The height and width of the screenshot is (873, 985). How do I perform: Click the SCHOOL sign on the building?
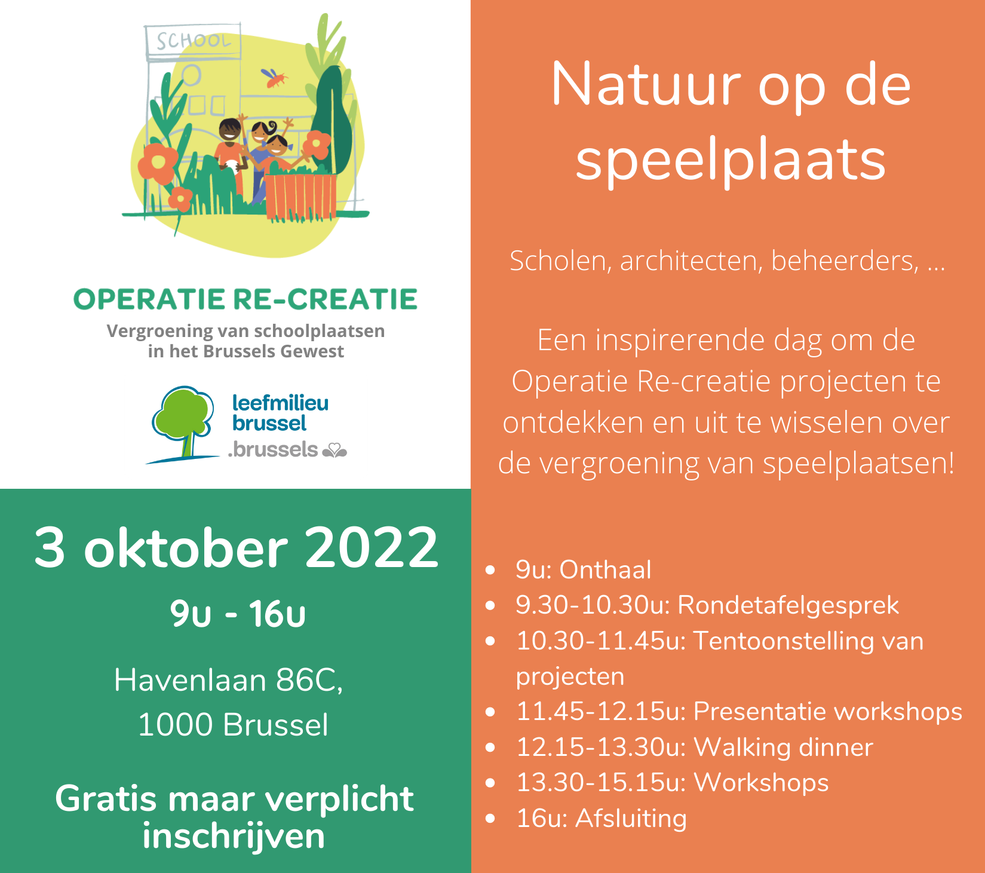[193, 41]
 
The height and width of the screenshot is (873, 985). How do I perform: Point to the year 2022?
[372, 547]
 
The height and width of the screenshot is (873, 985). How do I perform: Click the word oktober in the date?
[186, 547]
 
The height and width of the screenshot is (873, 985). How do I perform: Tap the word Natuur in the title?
[646, 85]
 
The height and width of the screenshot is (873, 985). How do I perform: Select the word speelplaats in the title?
[731, 162]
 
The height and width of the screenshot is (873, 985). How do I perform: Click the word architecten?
[691, 261]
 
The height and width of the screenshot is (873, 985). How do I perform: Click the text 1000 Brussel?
[233, 725]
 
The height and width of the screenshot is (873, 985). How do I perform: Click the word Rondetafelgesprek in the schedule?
[788, 605]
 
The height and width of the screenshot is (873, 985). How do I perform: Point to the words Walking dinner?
[784, 747]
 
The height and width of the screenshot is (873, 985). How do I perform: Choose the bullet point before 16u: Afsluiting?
[490, 818]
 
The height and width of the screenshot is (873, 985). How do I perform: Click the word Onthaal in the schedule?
[605, 569]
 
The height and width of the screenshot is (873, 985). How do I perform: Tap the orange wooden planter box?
[300, 195]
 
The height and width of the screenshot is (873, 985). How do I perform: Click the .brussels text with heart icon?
[287, 449]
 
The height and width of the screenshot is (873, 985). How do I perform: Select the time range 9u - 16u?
[238, 614]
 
